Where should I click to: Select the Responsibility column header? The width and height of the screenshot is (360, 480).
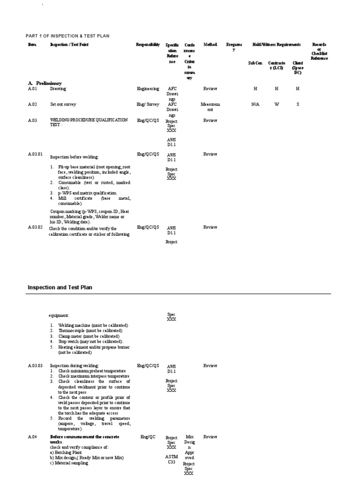[148, 45]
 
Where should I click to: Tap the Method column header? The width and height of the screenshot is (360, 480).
[210, 45]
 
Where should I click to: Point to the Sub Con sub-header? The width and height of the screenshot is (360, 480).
[255, 63]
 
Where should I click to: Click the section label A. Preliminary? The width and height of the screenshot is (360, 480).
[45, 83]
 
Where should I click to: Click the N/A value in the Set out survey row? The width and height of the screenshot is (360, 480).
[255, 105]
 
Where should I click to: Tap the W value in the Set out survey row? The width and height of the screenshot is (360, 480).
[277, 105]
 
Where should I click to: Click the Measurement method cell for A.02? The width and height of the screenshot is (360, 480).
[210, 107]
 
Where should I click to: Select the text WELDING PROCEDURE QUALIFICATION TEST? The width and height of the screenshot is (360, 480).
[89, 123]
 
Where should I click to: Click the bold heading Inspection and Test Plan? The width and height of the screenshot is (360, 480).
[63, 287]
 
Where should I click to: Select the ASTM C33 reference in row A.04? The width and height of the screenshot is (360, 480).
[172, 459]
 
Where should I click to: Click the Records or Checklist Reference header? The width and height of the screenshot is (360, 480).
[319, 52]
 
